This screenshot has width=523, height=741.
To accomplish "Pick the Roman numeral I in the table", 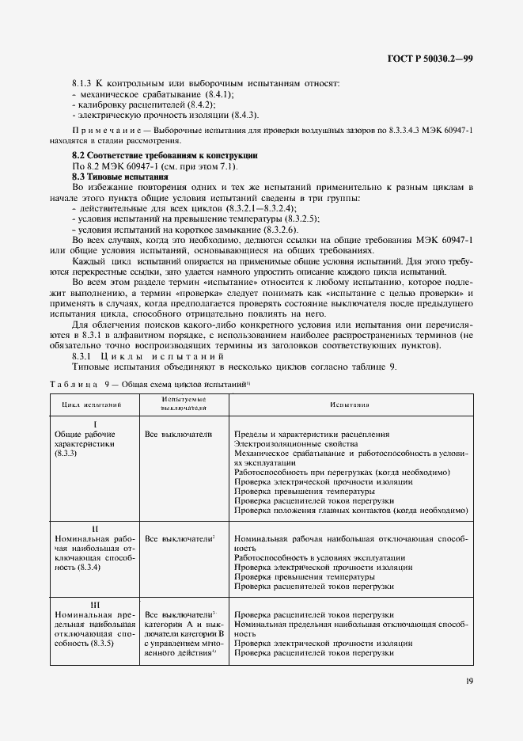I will [95, 424].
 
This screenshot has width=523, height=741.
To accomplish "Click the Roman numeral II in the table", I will [95, 527].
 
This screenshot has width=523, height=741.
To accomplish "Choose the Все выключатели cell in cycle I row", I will [179, 435].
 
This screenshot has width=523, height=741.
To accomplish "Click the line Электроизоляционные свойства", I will [290, 445].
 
